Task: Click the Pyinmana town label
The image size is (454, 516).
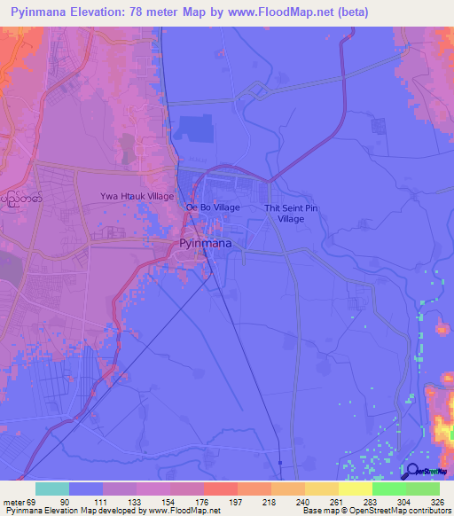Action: [206, 242]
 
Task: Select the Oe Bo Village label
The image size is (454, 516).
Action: [213, 207]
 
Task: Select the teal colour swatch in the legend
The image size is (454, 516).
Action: [52, 489]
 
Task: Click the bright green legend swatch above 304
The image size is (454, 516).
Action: [388, 489]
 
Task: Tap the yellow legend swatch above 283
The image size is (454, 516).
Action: [355, 489]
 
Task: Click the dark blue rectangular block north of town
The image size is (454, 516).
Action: [193, 129]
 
